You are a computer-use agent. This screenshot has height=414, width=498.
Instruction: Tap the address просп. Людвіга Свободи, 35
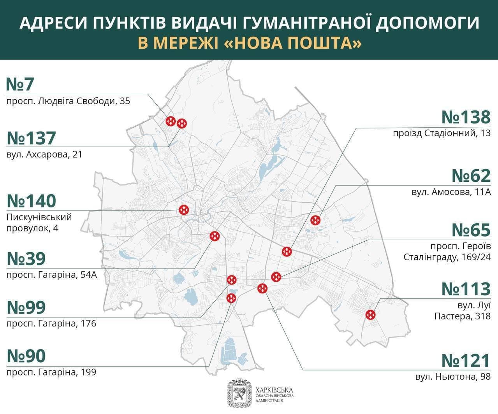(x=68, y=101)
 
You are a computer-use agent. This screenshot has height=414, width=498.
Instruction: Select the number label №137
(x=32, y=138)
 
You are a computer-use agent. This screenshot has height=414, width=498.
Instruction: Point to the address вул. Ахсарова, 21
(x=44, y=154)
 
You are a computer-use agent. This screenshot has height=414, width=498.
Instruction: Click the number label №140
(x=32, y=201)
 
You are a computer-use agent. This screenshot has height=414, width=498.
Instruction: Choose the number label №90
(x=26, y=356)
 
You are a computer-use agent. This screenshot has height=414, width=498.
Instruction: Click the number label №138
(x=466, y=117)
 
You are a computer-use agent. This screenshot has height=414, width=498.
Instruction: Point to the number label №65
(x=471, y=230)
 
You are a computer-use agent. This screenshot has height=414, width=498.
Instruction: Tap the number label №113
(x=466, y=289)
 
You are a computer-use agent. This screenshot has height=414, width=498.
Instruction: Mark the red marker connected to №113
(x=370, y=314)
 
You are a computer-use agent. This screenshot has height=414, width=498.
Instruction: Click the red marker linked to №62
(x=315, y=220)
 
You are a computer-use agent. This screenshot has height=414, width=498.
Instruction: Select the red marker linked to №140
(x=184, y=210)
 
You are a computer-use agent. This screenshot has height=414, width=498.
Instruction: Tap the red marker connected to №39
(x=215, y=236)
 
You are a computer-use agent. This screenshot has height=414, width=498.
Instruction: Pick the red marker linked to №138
(x=287, y=251)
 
